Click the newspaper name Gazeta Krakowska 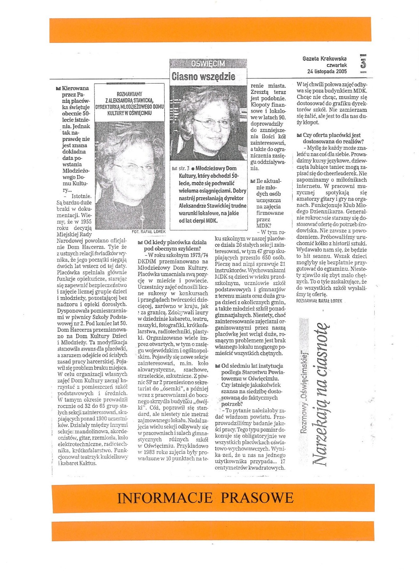324,59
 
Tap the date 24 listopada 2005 327,72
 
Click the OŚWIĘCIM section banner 208,64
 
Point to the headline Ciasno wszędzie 203,76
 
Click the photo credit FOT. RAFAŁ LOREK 148,232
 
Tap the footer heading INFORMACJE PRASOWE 205,498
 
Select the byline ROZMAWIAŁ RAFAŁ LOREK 319,301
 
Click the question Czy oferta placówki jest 332,135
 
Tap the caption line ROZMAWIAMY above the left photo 129,94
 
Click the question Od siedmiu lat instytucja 252,366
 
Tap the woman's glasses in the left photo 133,168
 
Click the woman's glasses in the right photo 211,123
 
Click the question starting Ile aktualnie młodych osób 268,181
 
